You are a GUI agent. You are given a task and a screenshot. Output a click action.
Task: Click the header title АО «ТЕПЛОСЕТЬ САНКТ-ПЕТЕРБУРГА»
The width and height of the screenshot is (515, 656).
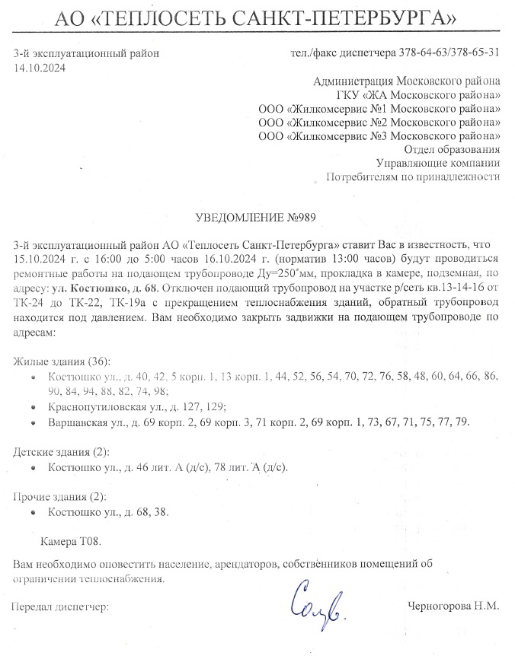click(x=257, y=15)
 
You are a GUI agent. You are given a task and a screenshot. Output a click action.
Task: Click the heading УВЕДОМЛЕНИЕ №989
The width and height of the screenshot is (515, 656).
click(x=256, y=217)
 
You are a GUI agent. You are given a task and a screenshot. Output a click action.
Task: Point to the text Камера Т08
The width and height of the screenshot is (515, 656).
click(x=70, y=543)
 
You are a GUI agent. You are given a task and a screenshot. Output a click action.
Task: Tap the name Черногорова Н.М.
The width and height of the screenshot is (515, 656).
click(x=454, y=607)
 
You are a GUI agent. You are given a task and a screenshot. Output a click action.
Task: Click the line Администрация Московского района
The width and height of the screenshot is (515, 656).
click(x=407, y=81)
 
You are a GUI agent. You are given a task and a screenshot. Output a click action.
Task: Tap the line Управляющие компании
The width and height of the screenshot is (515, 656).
click(x=439, y=163)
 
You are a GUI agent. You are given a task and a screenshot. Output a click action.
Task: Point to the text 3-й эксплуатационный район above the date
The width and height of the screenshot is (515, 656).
click(x=88, y=53)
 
